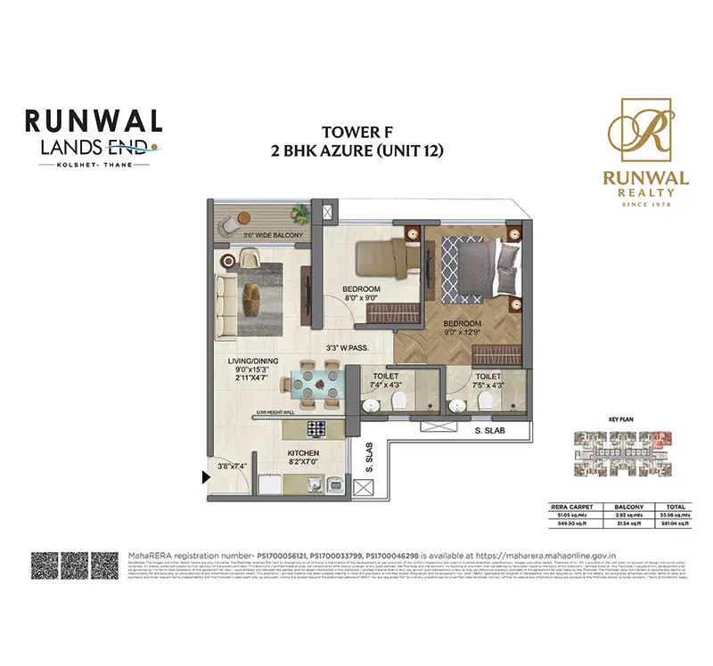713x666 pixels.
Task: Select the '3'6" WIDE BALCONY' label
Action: [274, 235]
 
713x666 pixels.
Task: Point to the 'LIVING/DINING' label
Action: [253, 361]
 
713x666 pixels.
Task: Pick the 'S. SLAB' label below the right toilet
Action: [489, 432]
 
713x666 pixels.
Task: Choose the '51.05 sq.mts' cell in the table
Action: [569, 513]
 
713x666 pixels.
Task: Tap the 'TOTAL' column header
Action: [672, 505]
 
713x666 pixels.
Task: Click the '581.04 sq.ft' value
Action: [672, 523]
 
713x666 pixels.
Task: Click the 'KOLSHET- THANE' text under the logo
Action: [93, 165]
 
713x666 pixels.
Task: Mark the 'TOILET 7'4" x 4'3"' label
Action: [386, 380]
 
